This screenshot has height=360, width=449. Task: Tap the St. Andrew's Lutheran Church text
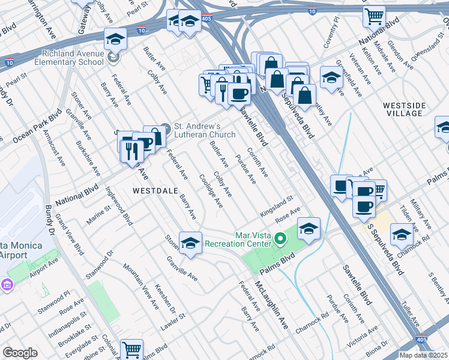[x=204, y=130]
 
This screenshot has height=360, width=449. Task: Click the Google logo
[x=20, y=353]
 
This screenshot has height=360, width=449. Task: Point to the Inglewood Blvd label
[x=119, y=208]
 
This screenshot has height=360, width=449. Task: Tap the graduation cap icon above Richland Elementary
[x=115, y=40]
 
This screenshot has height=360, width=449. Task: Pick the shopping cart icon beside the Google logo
[x=131, y=350]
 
